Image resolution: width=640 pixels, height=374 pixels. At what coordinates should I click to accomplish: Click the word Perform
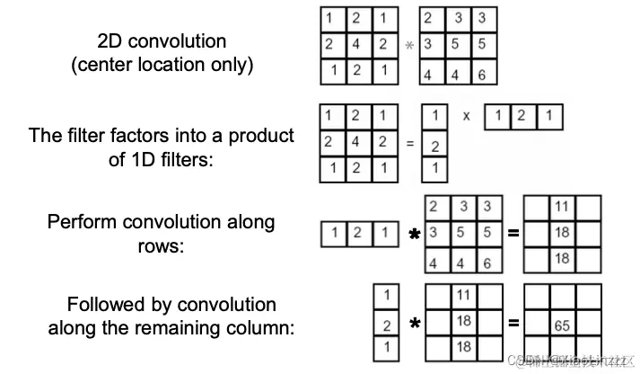pyautogui.click(x=80, y=222)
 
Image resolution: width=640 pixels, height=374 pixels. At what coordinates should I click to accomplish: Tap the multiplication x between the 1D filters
pyautogui.click(x=466, y=116)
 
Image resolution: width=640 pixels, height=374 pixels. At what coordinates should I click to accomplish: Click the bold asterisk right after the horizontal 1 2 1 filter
pyautogui.click(x=415, y=236)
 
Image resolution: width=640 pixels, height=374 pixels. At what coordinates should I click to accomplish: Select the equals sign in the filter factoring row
pyautogui.click(x=409, y=144)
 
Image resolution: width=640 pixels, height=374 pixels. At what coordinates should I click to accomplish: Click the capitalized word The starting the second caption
pyautogui.click(x=45, y=137)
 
